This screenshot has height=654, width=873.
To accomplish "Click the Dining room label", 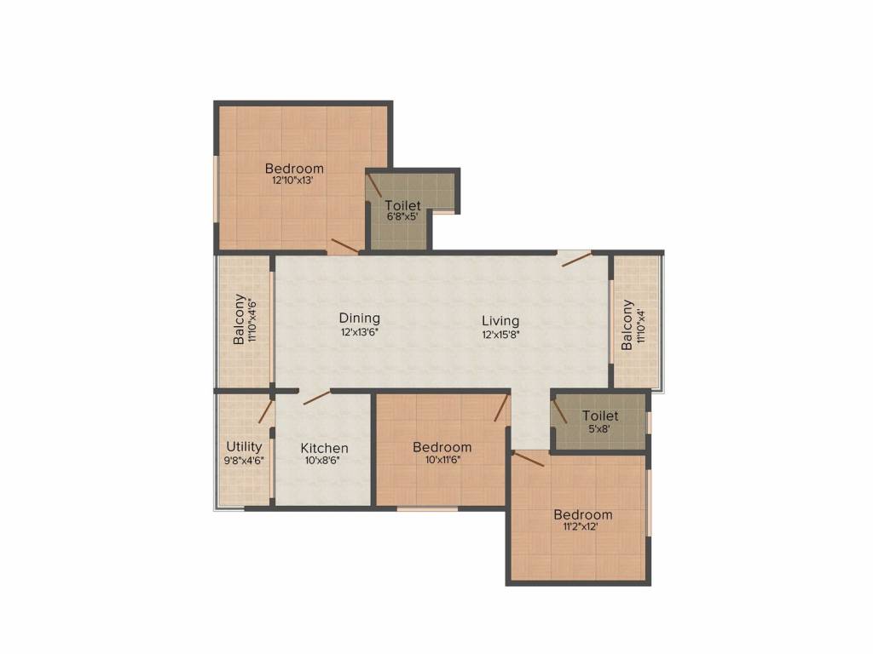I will [x=359, y=318].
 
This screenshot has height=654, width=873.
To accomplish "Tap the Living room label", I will [x=500, y=321].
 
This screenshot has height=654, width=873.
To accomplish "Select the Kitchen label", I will [x=325, y=448].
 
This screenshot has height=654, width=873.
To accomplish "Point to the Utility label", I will [x=244, y=446].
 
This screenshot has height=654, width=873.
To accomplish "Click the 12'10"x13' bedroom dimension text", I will [x=293, y=181].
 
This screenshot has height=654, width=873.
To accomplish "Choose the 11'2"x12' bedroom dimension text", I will [x=582, y=526].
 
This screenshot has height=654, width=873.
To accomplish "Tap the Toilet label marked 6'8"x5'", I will [x=402, y=205].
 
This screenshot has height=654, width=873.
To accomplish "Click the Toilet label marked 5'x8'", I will [x=600, y=416].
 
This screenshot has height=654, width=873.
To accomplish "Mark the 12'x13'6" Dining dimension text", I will [x=359, y=331].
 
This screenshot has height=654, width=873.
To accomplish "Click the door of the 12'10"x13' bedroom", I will [x=344, y=246].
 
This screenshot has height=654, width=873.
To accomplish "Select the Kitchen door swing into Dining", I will [x=316, y=396].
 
